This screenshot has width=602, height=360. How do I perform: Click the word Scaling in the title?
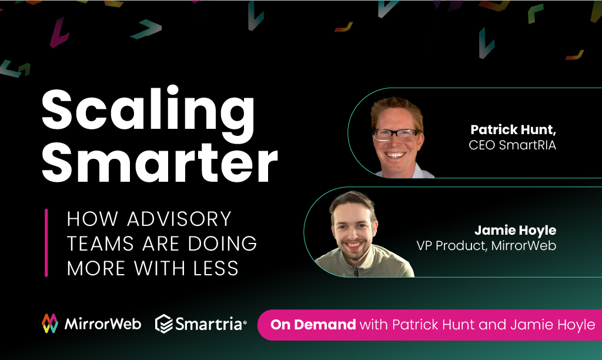pyautogui.click(x=148, y=111)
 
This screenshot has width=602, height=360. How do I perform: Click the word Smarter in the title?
pyautogui.click(x=160, y=163)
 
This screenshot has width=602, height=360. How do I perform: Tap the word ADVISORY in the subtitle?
pyautogui.click(x=179, y=219)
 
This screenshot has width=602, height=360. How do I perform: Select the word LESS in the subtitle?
pyautogui.click(x=216, y=268)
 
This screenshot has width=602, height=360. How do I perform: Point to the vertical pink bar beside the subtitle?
pyautogui.click(x=46, y=243)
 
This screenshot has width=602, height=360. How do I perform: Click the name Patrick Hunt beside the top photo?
pyautogui.click(x=513, y=129)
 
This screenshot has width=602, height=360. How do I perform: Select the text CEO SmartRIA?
pyautogui.click(x=512, y=145)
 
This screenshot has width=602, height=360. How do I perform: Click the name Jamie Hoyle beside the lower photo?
pyautogui.click(x=515, y=230)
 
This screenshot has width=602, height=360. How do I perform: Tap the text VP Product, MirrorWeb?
pyautogui.click(x=486, y=245)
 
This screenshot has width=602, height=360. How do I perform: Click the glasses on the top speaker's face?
pyautogui.click(x=397, y=135)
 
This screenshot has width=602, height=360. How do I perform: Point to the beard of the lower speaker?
pyautogui.click(x=353, y=252)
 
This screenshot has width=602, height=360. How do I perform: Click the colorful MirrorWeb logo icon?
pyautogui.click(x=50, y=324)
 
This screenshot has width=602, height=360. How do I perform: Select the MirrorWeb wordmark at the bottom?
pyautogui.click(x=103, y=324)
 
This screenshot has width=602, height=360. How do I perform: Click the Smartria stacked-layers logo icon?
pyautogui.click(x=164, y=324)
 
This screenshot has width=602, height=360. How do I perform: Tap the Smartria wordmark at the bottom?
pyautogui.click(x=209, y=324)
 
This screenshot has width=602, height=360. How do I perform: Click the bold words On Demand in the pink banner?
pyautogui.click(x=313, y=325)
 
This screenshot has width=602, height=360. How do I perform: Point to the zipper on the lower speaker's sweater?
pyautogui.click(x=356, y=271)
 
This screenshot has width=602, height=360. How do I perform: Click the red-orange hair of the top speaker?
pyautogui.click(x=397, y=106)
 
